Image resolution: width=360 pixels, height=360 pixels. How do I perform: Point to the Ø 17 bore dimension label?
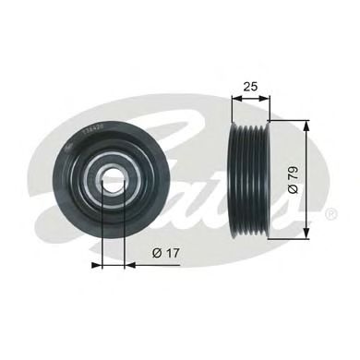[165, 252]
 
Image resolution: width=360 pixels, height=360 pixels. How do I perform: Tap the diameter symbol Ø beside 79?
[294, 189]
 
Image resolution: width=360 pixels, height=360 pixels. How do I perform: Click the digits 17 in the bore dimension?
[171, 252]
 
